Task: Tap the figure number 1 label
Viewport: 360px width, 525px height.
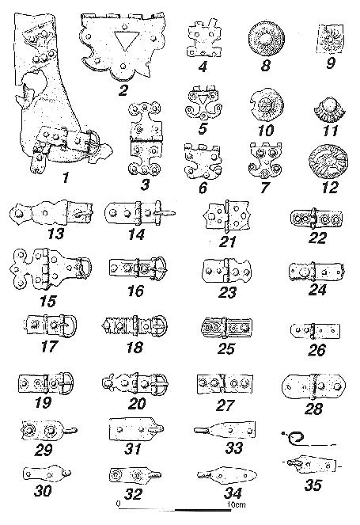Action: point(66,178)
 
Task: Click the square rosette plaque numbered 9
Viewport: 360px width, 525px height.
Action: point(331,39)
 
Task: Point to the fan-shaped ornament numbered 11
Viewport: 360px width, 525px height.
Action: point(330,112)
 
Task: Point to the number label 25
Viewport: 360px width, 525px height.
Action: point(226,349)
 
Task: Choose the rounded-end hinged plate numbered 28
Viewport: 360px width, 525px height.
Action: point(313,386)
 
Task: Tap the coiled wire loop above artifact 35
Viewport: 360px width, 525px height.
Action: point(294,437)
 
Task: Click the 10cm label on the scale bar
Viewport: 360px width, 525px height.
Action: point(237,504)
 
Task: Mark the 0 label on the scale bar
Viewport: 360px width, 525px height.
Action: point(119,504)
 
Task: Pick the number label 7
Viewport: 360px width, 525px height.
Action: point(265,188)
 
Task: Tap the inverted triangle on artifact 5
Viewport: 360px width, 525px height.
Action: point(203,100)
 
